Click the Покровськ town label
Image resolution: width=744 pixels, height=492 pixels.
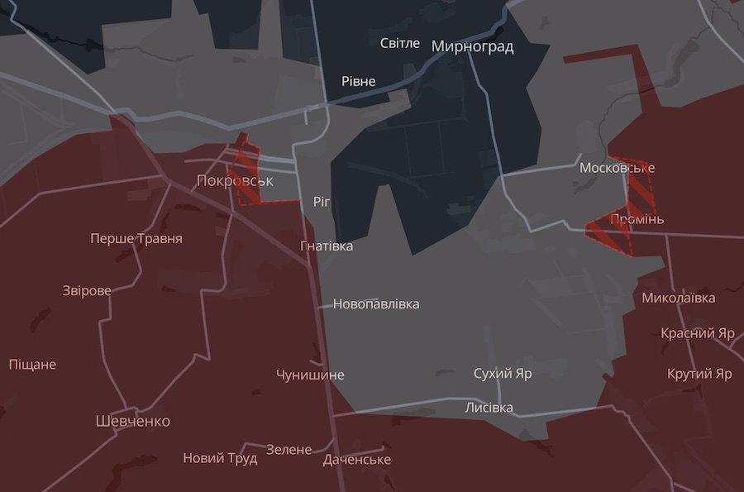point(235,180)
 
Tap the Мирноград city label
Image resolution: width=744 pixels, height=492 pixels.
point(472,46)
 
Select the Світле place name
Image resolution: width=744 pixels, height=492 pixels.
point(400,43)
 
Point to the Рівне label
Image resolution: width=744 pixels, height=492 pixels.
point(359,81)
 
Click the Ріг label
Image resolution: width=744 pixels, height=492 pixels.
point(322,202)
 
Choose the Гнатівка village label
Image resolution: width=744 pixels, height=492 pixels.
point(327,246)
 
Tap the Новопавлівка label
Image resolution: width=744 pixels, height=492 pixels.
point(376,303)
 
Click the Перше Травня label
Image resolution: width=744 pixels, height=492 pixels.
point(136,239)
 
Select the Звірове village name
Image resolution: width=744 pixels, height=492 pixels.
point(87,290)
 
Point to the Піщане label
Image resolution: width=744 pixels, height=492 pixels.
point(33,364)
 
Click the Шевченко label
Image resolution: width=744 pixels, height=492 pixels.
point(133,421)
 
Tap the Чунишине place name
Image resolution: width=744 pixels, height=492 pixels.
point(310,375)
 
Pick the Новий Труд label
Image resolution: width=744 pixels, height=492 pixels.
point(220,458)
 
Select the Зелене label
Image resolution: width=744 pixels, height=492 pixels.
point(289,450)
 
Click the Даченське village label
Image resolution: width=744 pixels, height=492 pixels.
point(357,460)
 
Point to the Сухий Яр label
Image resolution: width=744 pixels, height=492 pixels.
point(503,374)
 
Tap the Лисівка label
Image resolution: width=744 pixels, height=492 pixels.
point(489,408)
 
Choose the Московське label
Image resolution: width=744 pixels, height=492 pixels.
point(617,168)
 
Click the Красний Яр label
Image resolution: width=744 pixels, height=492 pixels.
point(698,333)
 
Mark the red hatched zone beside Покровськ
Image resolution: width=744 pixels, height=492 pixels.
point(247,175)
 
